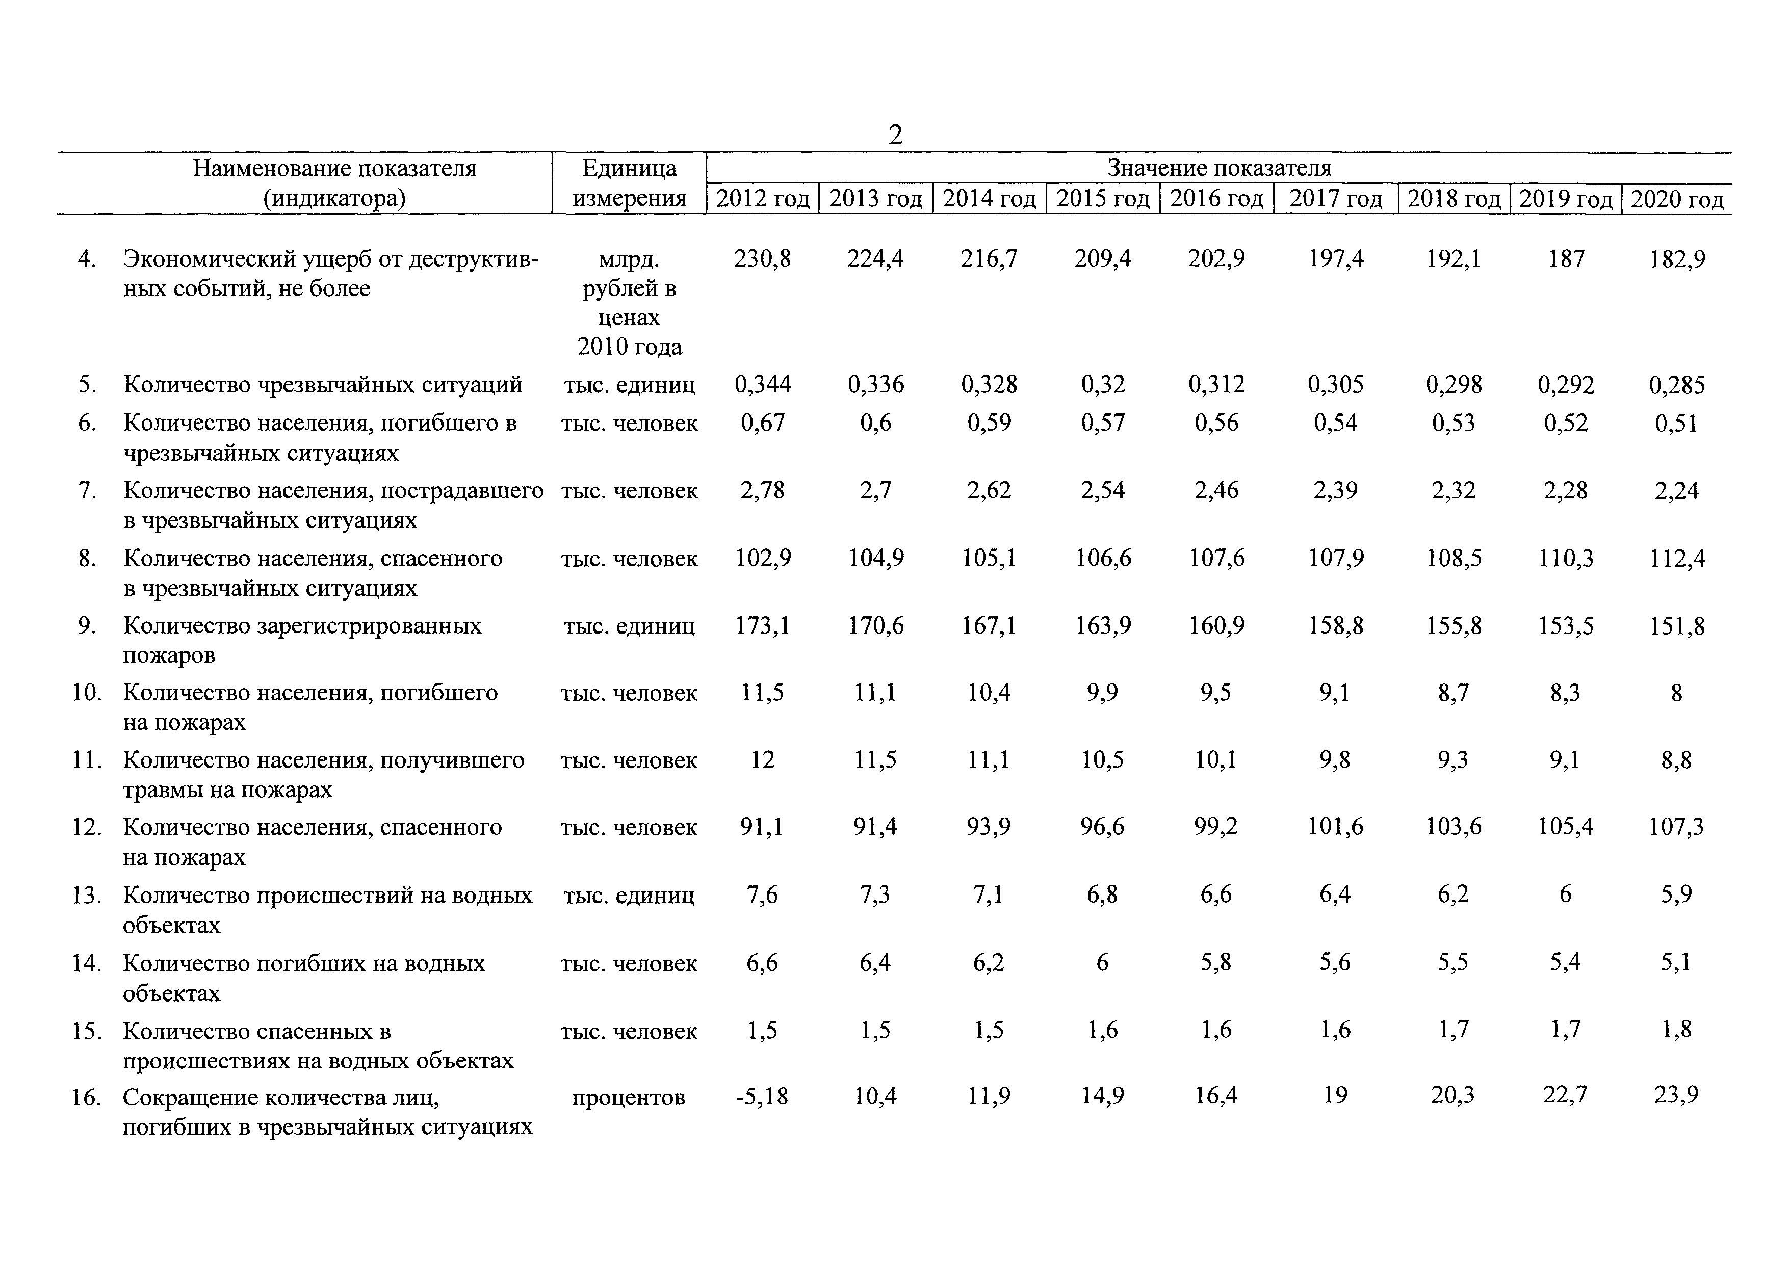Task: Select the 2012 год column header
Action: tap(763, 199)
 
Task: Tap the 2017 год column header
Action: tap(1336, 199)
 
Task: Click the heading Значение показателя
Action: tap(1220, 168)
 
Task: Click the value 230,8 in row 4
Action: tap(762, 258)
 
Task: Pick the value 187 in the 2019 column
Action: tap(1566, 258)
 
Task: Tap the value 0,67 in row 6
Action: tap(763, 423)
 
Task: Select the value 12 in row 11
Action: tap(762, 760)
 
